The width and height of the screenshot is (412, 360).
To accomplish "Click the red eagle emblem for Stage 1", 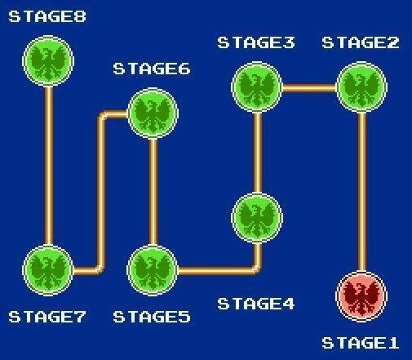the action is [x=361, y=296].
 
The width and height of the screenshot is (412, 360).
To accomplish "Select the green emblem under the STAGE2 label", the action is [x=361, y=87].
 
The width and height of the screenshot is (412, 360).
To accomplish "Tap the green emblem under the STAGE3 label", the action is [x=257, y=87].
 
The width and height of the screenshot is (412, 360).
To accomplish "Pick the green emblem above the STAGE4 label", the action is [x=257, y=218].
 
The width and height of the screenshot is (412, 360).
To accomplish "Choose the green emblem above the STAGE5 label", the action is [x=153, y=270].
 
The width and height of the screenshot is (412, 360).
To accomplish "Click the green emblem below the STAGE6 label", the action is [x=153, y=113].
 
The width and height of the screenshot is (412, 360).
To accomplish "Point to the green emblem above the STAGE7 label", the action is [x=48, y=270].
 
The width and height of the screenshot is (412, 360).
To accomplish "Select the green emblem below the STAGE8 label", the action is [x=48, y=61].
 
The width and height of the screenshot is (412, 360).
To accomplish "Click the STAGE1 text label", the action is [x=361, y=343].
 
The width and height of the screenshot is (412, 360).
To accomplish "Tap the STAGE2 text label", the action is [x=361, y=42].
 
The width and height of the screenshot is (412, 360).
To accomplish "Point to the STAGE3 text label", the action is [x=256, y=42].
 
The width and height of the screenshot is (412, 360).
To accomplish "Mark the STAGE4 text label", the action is [x=256, y=304].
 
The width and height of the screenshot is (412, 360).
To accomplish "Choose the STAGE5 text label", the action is [x=152, y=317].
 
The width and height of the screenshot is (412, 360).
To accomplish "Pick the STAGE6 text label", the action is [x=152, y=69].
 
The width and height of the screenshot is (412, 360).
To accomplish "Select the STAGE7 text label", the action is [x=47, y=317].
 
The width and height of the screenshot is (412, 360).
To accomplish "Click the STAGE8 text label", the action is [x=47, y=16].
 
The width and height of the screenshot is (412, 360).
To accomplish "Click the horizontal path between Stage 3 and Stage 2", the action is [x=309, y=88].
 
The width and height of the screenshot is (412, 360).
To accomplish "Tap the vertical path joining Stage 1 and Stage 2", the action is [x=362, y=192].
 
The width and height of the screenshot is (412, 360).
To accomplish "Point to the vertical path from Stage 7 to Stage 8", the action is [x=49, y=166].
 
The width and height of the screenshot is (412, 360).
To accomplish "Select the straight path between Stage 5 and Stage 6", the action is [x=153, y=192].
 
